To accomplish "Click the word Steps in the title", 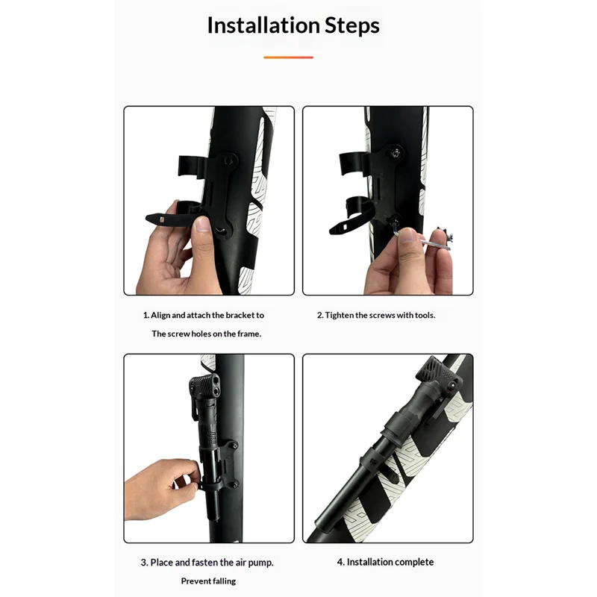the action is pos(352,26).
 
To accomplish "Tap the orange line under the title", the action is pos(288,57).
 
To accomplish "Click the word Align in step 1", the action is pos(160,316).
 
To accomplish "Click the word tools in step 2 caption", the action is pos(425,315).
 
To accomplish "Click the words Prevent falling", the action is pos(208,581).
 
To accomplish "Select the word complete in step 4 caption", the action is pos(415,563).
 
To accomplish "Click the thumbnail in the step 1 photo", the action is pos(202,225).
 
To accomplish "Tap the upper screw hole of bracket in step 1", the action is pos(228,161).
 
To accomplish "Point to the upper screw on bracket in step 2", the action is pos(396,153).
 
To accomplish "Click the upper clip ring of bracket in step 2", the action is pos(351,163).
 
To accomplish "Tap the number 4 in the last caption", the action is pos(340,563).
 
